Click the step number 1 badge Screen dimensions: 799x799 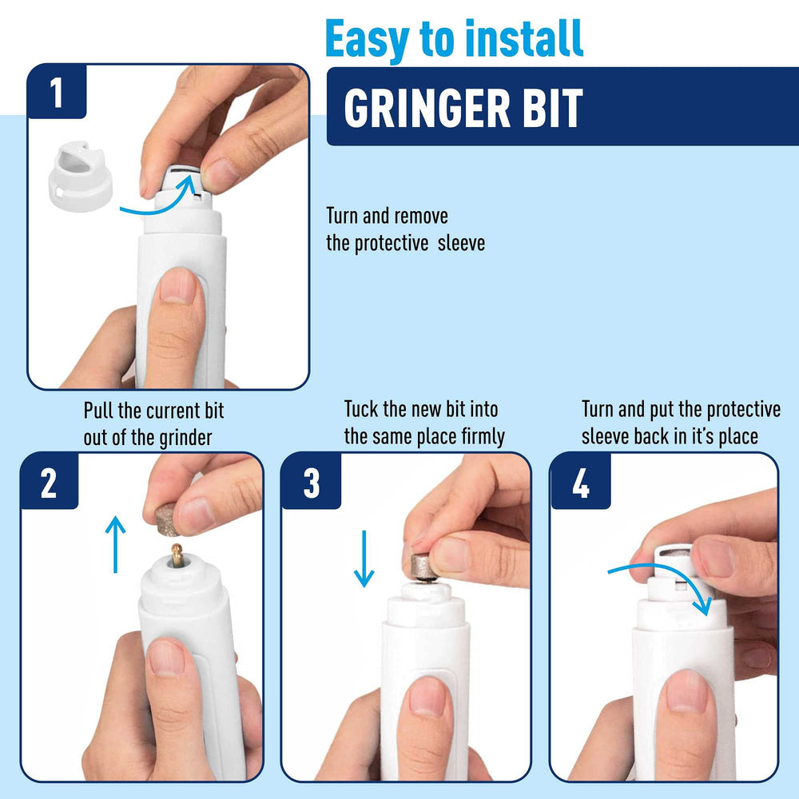point(57,92)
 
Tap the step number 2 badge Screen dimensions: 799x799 point(49,481)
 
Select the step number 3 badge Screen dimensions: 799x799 point(312,481)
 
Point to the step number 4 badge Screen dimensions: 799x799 point(580,481)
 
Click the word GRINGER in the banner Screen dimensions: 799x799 point(427,108)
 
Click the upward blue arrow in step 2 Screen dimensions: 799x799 point(115,544)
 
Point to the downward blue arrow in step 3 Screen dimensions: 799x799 point(364,559)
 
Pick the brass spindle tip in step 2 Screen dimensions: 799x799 point(177,555)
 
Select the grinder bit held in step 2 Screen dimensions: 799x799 point(168,520)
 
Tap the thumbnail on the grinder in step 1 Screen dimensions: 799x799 point(177,286)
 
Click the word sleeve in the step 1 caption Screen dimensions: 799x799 point(461,243)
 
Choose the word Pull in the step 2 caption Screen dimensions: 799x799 point(98,410)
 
